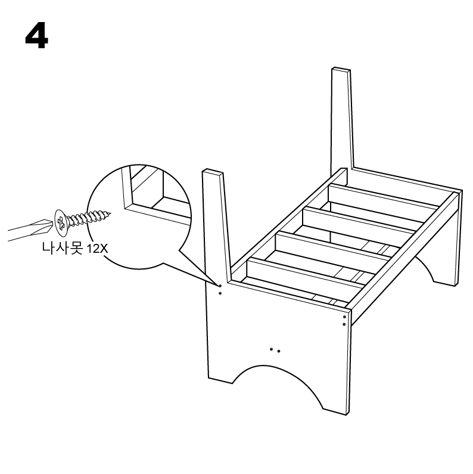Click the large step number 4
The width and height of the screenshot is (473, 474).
pos(36,36)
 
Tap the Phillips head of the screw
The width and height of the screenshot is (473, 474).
pos(61,223)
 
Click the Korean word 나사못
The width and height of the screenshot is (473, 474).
pos(62,249)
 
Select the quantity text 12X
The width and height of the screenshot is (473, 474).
pos(97,249)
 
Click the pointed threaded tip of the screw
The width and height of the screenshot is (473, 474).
pos(109,213)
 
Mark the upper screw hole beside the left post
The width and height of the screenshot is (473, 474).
pos(220,286)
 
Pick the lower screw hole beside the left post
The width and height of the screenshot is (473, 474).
pos(220,293)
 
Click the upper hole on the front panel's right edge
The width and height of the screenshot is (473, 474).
pos(344,317)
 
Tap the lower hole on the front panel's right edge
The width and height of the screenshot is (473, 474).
pos(344,324)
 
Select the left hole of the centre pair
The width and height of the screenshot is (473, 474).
pos(271,349)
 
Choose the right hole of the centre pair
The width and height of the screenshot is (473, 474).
pos(278,351)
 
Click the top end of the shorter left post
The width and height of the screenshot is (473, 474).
pos(213,171)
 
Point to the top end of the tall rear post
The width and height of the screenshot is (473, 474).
pos(341,70)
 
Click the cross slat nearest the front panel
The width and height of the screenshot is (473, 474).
pos(305,272)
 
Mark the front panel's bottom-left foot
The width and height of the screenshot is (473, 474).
pos(220,380)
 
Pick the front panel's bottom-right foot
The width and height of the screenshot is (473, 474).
pos(336,412)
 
